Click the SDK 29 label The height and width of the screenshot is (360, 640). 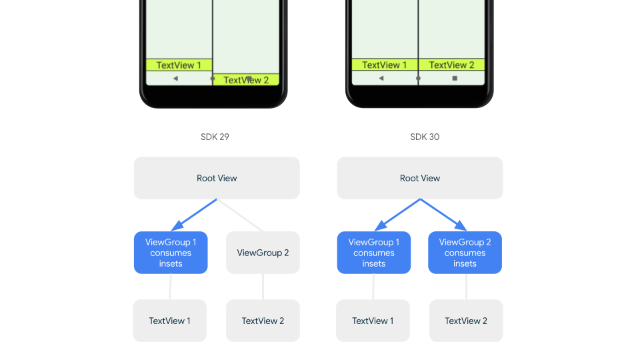(215, 137)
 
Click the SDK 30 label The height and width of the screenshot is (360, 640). (425, 137)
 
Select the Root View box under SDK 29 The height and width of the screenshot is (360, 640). (217, 178)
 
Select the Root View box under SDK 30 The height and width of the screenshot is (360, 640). (420, 178)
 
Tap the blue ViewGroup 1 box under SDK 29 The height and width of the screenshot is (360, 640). (171, 253)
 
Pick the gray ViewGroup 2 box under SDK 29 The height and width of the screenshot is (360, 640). (263, 253)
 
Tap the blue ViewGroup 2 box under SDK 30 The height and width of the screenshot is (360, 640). (465, 253)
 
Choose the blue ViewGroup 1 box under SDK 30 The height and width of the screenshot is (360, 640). (374, 253)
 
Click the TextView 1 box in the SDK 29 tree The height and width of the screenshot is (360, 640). (169, 321)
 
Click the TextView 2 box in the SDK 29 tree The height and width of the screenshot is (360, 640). (263, 321)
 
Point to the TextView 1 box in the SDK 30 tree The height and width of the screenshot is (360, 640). (373, 321)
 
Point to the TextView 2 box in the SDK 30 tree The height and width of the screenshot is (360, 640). (466, 321)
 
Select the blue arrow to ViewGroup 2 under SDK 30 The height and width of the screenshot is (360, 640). (443, 215)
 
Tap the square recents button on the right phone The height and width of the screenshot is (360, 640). (455, 78)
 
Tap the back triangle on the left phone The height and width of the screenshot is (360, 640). (175, 78)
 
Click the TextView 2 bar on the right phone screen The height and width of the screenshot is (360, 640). (451, 65)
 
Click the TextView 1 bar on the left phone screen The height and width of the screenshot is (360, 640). (179, 65)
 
